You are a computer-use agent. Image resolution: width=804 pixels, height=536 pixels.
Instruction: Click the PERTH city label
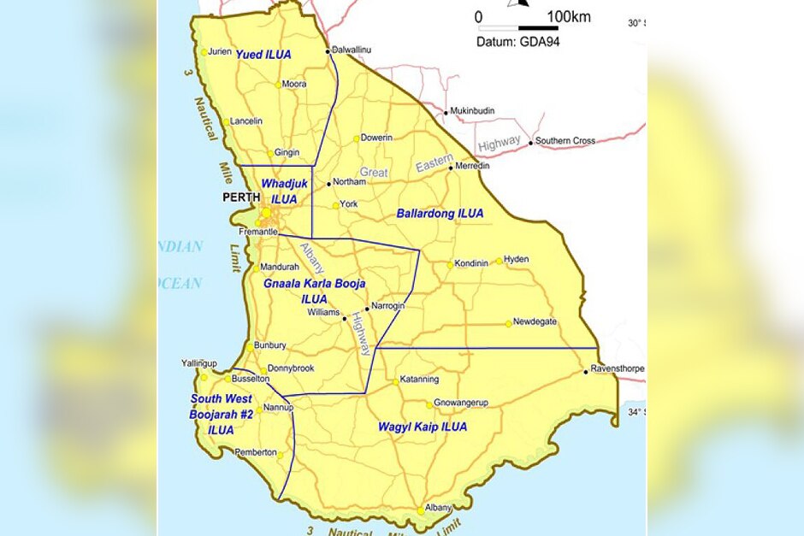tap(240, 197)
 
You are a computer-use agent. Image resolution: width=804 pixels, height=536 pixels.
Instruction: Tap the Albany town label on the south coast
tap(438, 507)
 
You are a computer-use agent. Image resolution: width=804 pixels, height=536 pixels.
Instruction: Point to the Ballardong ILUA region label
tap(440, 213)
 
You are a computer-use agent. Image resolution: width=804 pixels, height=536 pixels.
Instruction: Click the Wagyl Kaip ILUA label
tap(423, 427)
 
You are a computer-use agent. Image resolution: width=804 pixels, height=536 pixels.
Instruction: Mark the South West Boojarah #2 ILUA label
tap(222, 415)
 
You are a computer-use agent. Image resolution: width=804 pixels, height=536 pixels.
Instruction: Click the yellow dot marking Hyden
tap(500, 261)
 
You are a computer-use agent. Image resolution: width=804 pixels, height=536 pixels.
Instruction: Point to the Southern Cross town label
tap(565, 141)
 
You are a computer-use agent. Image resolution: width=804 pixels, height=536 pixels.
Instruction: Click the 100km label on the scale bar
tap(569, 17)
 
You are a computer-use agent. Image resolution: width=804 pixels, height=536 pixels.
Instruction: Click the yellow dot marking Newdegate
tap(508, 323)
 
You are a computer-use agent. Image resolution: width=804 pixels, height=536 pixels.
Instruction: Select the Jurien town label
tap(220, 51)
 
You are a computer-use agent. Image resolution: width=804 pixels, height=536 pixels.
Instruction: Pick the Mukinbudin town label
tap(472, 111)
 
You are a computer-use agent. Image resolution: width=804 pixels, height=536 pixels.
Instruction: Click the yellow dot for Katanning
tap(396, 381)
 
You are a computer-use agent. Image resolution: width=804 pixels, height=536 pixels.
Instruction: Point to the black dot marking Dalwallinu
tap(328, 51)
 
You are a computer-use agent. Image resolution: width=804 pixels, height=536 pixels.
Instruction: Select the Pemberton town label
tap(257, 451)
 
